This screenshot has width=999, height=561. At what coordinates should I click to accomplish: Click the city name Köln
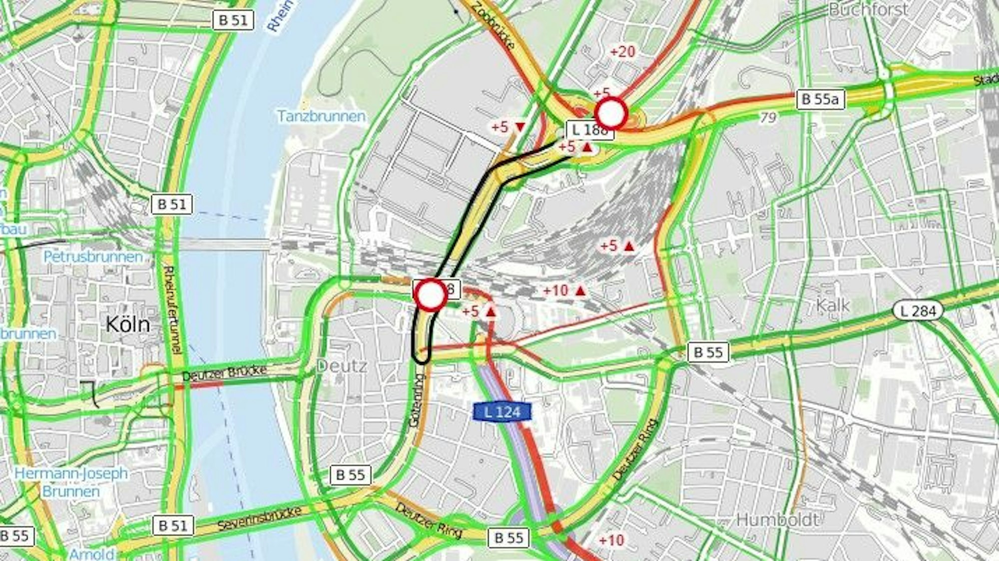[x=128, y=325]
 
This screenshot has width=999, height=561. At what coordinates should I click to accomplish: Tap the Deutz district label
[x=342, y=366]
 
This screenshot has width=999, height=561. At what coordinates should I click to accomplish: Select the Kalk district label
[x=833, y=305]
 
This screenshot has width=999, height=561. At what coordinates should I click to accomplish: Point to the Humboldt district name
[x=778, y=520]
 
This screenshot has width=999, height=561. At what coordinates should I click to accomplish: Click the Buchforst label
[x=869, y=9]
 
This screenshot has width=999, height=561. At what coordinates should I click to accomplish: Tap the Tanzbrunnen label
[x=321, y=116]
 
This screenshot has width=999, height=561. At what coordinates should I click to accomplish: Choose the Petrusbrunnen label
[x=93, y=257]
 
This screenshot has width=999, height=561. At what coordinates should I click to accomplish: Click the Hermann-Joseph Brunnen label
[x=71, y=482]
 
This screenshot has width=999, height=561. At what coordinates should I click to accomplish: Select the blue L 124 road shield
[x=502, y=412]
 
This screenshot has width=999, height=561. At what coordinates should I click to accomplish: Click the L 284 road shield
[x=918, y=311]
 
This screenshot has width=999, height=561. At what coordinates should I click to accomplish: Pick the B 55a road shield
[x=820, y=99]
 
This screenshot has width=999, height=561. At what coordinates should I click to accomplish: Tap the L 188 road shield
[x=589, y=130]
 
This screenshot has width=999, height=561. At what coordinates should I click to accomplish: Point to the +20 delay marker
[x=622, y=51]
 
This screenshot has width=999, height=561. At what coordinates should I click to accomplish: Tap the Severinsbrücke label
[x=259, y=519]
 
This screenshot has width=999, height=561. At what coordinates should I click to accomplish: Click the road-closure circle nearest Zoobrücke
[x=611, y=113]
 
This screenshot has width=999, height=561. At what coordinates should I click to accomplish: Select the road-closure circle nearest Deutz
[x=430, y=295]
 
